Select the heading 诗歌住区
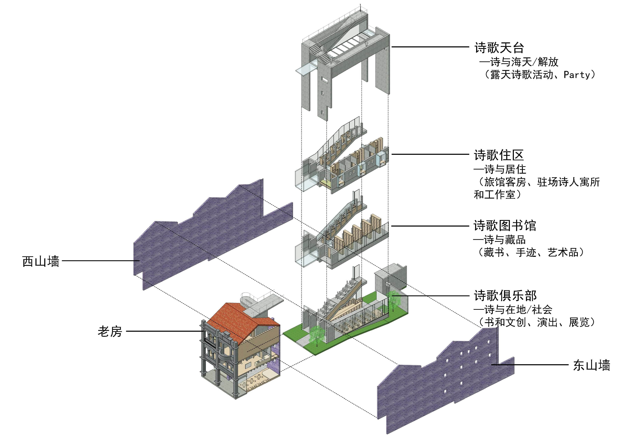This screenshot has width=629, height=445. [x=499, y=155]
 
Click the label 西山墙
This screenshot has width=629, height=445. [x=41, y=261]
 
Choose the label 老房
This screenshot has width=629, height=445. [x=110, y=332]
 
